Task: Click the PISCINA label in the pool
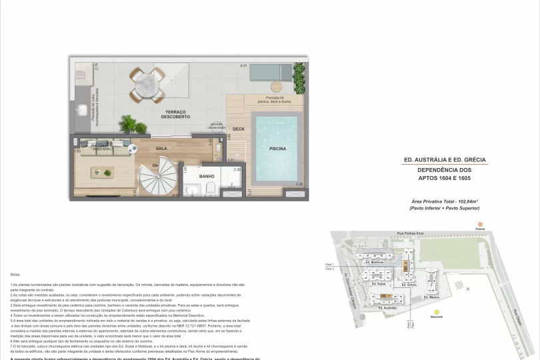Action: click(278, 149)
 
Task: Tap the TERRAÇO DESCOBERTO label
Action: click(176, 114)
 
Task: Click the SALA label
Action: click(162, 149)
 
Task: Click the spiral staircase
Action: click(161, 179)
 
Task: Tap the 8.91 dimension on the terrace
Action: click(243, 66)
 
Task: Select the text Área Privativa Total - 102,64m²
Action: click(445, 201)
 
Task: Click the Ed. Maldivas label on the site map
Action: click(377, 263)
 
